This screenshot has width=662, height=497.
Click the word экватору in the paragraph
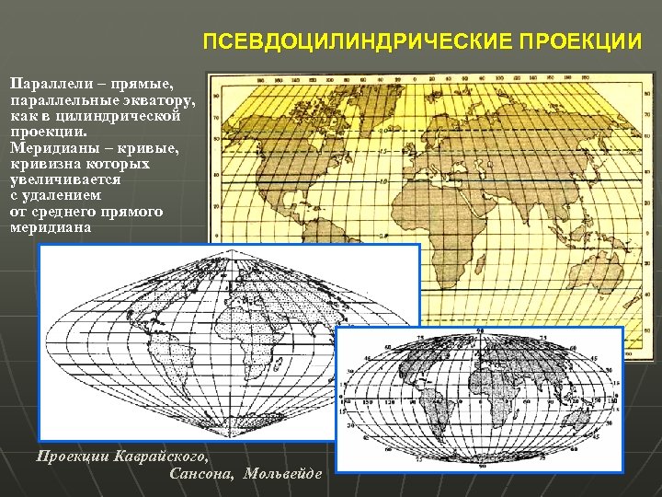[153, 98]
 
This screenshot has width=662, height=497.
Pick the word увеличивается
[64, 179]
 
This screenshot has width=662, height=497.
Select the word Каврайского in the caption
[157, 456]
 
